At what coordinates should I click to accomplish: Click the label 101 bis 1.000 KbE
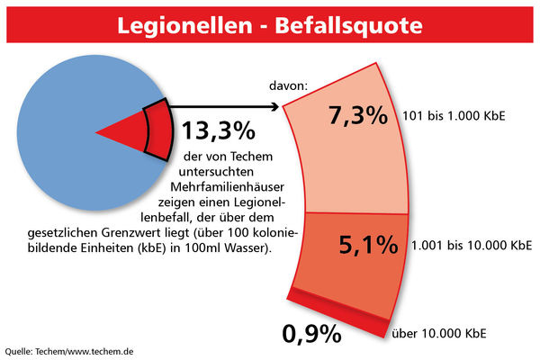pyautogui.click(x=454, y=115)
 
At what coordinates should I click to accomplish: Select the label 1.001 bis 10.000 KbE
pyautogui.click(x=470, y=244)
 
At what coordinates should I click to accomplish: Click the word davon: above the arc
pyautogui.click(x=288, y=86)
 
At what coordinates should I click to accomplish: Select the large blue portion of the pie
pyautogui.click(x=63, y=135)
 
